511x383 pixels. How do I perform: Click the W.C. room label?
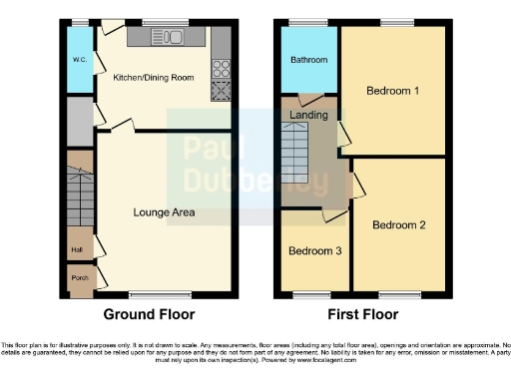click(79, 59)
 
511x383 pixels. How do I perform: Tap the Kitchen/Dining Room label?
click(153, 77)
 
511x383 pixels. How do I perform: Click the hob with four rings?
click(221, 70)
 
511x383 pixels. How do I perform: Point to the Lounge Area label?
click(164, 212)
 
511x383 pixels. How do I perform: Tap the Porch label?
click(78, 277)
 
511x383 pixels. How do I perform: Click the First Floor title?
click(362, 314)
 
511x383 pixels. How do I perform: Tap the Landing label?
click(308, 115)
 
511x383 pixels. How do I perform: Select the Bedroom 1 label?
click(392, 92)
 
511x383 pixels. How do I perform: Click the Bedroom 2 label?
click(399, 225)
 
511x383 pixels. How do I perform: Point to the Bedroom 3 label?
click(313, 250)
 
